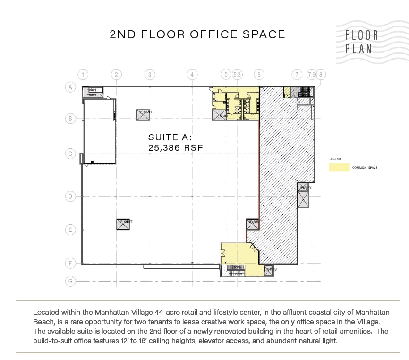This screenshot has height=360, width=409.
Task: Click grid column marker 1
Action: [x=83, y=74]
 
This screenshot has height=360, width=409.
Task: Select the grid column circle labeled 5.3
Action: [x=238, y=74]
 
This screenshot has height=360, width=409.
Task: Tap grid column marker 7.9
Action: [x=311, y=74]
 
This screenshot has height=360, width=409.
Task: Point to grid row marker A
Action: [x=70, y=87]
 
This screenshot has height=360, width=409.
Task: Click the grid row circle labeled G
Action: [x=70, y=281]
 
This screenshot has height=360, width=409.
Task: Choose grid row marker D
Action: [x=70, y=196]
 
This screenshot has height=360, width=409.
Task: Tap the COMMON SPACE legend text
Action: [x=365, y=168]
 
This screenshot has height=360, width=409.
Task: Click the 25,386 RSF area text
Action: [x=175, y=147]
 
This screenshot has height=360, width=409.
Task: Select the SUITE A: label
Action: [x=170, y=137]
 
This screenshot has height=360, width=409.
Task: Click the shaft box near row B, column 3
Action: [x=143, y=114]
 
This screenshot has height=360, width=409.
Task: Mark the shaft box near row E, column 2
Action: [x=123, y=224]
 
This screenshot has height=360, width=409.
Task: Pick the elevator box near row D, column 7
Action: [x=303, y=196]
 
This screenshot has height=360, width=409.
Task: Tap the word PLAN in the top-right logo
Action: [x=358, y=48]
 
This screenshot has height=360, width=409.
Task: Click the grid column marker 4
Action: [x=192, y=74]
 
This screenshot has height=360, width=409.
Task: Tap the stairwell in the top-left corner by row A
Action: [x=92, y=92]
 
